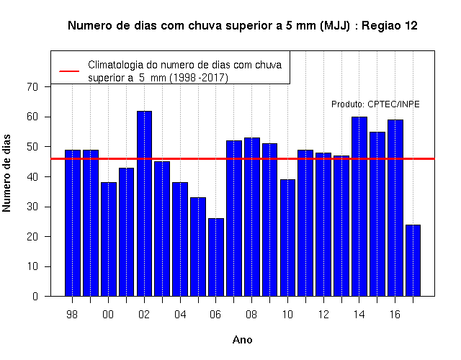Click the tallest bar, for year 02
point(144,203)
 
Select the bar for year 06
point(216,257)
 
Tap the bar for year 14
point(359,207)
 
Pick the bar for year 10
point(287,238)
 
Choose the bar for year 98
point(73,223)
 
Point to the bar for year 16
point(395,208)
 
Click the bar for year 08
point(252,217)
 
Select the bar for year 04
point(180,239)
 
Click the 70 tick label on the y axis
point(32,87)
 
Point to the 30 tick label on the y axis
point(32,207)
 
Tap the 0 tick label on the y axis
point(35,296)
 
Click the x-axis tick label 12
point(323,315)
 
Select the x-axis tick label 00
point(108,315)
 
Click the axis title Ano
point(243,340)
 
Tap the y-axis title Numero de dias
point(6,174)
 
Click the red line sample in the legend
point(69,71)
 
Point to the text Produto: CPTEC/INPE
point(375,104)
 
